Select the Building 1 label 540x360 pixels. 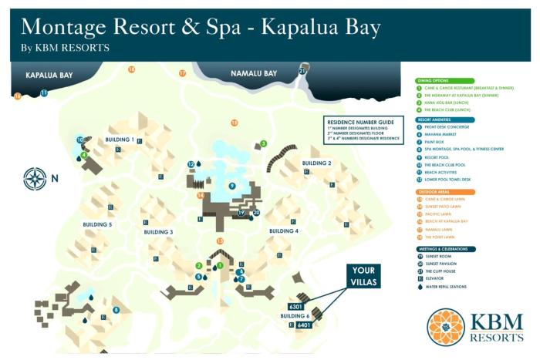[121, 140]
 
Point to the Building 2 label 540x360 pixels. [316, 163]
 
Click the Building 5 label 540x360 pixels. [98, 224]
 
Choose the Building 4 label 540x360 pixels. [284, 230]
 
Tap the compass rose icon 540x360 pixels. [35, 179]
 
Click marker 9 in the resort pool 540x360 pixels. [231, 186]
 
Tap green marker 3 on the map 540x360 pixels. [263, 143]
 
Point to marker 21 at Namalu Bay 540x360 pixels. [302, 71]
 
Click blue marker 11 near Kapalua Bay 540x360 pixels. [44, 93]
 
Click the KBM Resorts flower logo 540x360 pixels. [445, 328]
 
